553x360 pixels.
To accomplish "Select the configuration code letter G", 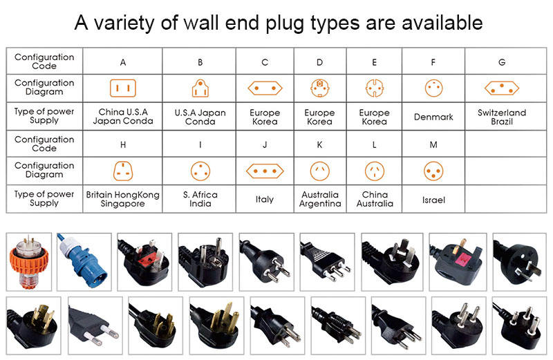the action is (x=502, y=62).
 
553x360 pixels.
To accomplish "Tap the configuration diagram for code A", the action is (x=123, y=88).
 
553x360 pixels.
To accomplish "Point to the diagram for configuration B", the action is (x=200, y=88).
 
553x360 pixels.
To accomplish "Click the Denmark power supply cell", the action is (x=433, y=117).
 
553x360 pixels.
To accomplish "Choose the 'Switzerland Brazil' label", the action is (x=502, y=117).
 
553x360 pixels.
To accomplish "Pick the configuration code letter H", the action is (x=123, y=144).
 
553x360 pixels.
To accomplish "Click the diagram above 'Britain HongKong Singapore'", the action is (x=123, y=171).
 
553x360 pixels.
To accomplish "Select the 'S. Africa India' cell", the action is (x=200, y=199).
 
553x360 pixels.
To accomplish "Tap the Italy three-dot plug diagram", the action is (x=265, y=171).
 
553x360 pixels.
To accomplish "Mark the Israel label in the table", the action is (x=433, y=200).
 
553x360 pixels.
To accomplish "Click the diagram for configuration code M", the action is (x=433, y=171).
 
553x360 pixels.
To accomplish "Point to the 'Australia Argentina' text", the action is (x=320, y=199).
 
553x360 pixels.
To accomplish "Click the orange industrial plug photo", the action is (x=28, y=262).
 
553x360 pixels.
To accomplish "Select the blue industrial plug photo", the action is (x=84, y=262).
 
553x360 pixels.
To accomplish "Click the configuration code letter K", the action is (x=319, y=144).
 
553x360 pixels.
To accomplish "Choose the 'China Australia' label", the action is (x=375, y=199).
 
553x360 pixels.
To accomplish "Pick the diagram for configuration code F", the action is (x=433, y=88).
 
